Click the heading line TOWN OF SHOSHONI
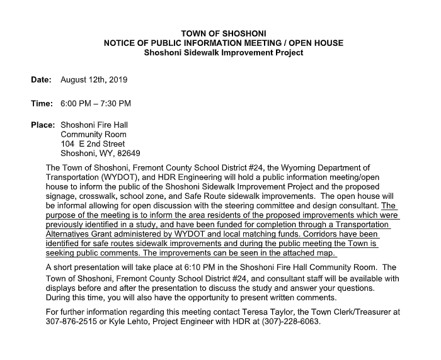coord(224,33)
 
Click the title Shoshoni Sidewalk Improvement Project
coord(224,53)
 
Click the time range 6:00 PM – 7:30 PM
coord(96,103)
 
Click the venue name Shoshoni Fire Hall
coord(94,125)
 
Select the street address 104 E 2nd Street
coord(93,143)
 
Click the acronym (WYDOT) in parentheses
coord(115,177)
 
